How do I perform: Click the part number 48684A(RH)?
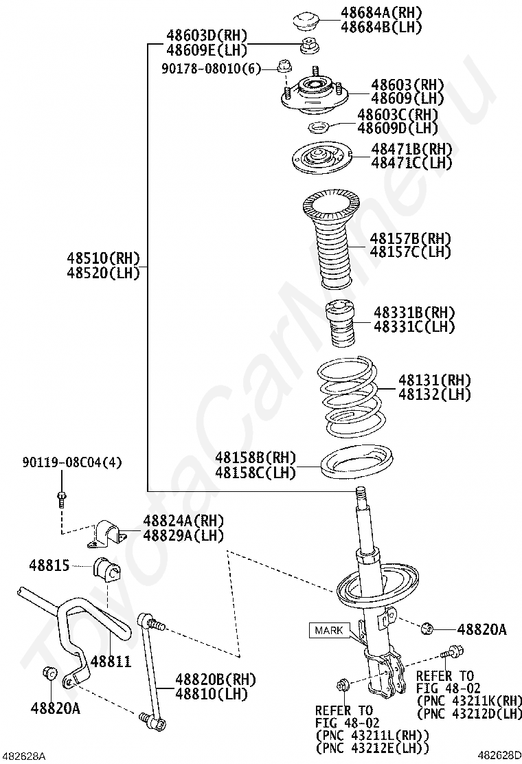pos(381,12)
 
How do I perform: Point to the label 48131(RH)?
pos(435,379)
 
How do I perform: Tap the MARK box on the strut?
pos(330,629)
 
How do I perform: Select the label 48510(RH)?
pos(103,258)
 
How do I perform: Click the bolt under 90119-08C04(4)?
pos(61,497)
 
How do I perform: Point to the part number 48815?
pos(49,565)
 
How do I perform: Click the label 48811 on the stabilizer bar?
pos(111,661)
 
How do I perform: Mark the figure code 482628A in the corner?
pos(23,756)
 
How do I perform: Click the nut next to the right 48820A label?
pos(427,627)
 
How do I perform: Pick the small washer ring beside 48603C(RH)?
pos(317,127)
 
